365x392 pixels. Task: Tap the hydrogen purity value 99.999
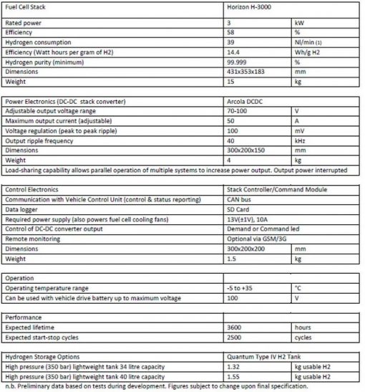pyautogui.click(x=235, y=62)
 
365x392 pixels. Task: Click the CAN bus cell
pyautogui.click(x=237, y=199)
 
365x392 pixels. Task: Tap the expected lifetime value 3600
pyautogui.click(x=233, y=326)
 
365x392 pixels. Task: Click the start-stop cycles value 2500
pyautogui.click(x=233, y=336)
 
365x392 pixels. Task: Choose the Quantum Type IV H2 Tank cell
pyautogui.click(x=266, y=356)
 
